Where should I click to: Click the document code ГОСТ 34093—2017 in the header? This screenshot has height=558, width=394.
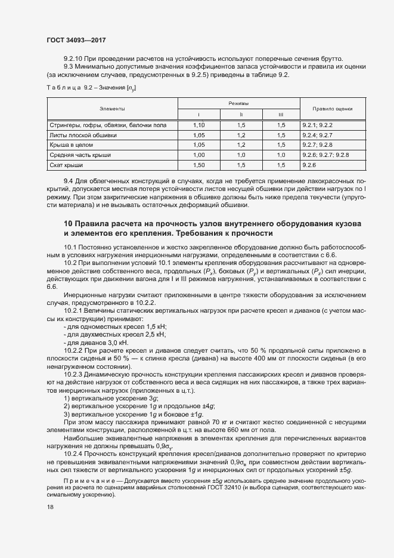click(x=77, y=41)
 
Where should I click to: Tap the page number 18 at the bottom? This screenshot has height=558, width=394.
click(x=50, y=507)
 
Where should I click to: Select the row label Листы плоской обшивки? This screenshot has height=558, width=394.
click(x=83, y=135)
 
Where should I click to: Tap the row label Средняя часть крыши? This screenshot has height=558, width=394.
click(x=80, y=155)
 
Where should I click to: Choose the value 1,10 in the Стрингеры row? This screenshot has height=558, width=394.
click(x=199, y=125)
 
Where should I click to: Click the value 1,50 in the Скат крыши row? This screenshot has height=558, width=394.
click(x=199, y=164)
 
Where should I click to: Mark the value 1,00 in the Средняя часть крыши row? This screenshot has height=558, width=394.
click(x=199, y=155)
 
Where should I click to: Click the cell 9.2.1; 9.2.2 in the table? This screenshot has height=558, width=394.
click(x=317, y=125)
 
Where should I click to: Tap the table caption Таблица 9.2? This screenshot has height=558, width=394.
click(x=64, y=88)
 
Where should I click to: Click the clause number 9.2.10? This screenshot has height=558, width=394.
click(x=73, y=58)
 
